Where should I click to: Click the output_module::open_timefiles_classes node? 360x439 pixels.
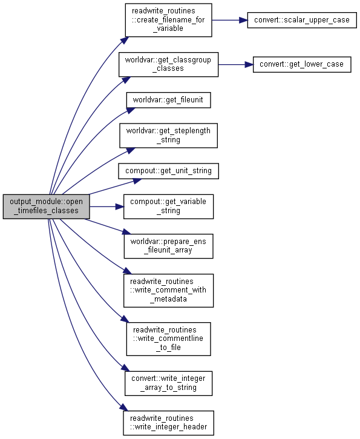(47, 206)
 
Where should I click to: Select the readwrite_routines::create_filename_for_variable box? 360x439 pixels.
(168, 20)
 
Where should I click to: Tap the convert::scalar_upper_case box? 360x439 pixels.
(302, 20)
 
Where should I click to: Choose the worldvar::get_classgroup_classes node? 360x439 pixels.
(168, 64)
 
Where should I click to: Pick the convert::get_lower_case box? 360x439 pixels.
(302, 64)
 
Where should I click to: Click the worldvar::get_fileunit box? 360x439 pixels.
(168, 100)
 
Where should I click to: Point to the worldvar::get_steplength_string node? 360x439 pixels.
(168, 136)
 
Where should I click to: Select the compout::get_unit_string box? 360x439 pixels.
(168, 171)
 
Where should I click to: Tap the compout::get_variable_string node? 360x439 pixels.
(168, 206)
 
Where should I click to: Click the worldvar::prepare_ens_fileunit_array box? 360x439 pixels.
(168, 246)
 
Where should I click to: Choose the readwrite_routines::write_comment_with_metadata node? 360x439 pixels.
(168, 291)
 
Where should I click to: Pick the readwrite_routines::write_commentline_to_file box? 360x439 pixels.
(168, 339)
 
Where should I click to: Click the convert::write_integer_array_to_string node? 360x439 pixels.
(168, 383)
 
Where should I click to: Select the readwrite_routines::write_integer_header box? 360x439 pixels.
(168, 423)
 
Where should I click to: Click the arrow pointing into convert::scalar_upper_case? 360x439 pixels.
(230, 20)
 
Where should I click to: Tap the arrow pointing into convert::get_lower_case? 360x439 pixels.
(235, 64)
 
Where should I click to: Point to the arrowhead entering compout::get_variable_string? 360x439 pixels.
(120, 206)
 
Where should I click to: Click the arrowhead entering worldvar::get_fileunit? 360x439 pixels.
(131, 111)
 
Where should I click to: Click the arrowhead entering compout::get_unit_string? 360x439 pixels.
(137, 181)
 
